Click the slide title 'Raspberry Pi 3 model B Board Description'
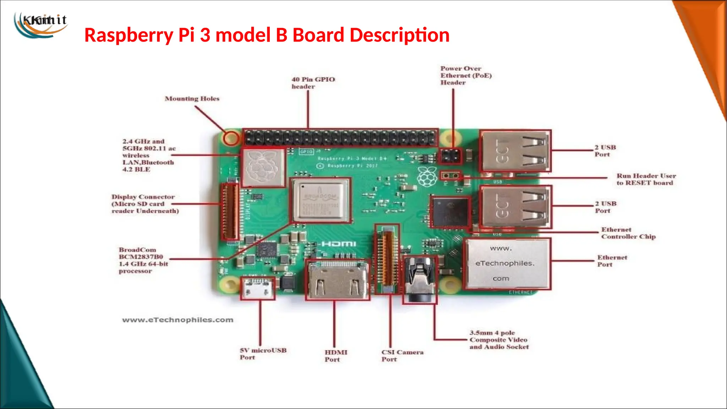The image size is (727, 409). pos(267,35)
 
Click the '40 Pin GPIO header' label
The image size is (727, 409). pos(313,83)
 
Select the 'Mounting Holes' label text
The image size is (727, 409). pos(192,99)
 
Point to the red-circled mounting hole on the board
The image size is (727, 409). pos(231,138)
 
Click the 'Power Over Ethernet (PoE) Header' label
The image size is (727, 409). pos(466,75)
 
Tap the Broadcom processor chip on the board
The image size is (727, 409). pos(321,201)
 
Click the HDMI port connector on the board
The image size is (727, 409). pos(337,280)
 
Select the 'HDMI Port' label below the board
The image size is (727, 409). pos(335,356)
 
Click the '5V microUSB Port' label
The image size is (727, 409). pos(263,354)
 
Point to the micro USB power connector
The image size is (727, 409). pos(258,288)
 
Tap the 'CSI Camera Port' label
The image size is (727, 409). pos(402,355)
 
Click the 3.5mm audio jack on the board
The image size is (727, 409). pos(420,280)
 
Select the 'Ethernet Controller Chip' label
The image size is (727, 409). pos(628,233)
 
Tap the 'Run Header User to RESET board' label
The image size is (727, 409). pos(646,179)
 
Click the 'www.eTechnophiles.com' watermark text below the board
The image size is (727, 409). pos(177,320)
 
